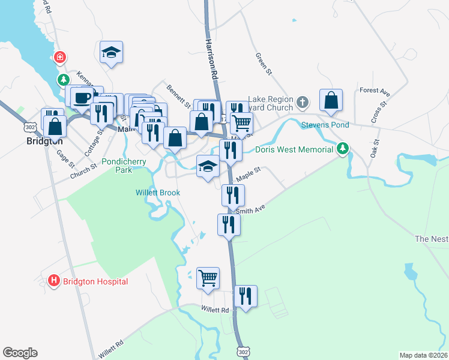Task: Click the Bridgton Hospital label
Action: click(x=95, y=281)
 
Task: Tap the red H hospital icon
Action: click(x=53, y=281)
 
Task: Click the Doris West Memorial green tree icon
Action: click(x=343, y=148)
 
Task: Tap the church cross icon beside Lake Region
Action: click(x=303, y=103)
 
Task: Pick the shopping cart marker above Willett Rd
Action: click(x=208, y=278)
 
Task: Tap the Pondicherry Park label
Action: click(x=124, y=165)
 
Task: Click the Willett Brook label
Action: click(x=157, y=193)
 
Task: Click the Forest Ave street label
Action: click(x=375, y=91)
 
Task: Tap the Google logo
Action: click(x=20, y=353)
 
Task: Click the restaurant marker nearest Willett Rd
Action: click(x=246, y=296)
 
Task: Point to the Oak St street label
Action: click(x=376, y=149)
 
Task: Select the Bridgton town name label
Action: click(x=45, y=142)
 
